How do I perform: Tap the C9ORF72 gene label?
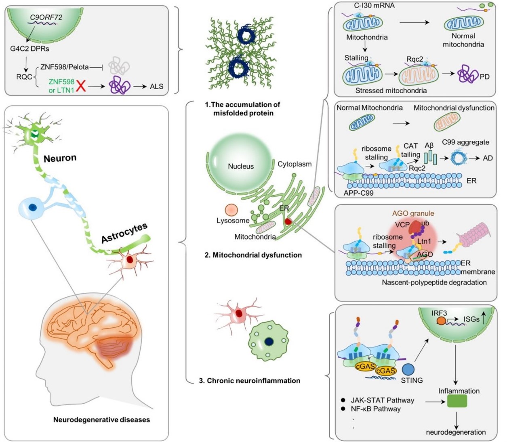pyautogui.click(x=46, y=17)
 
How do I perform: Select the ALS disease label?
pyautogui.click(x=157, y=87)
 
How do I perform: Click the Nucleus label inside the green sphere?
pyautogui.click(x=241, y=166)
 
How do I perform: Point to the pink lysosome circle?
pyautogui.click(x=231, y=210)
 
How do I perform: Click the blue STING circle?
pyautogui.click(x=408, y=370)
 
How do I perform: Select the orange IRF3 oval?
pyautogui.click(x=441, y=321)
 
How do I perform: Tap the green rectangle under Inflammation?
pyautogui.click(x=457, y=401)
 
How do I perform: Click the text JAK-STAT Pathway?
pyautogui.click(x=382, y=400)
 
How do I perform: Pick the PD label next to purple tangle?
pyautogui.click(x=484, y=77)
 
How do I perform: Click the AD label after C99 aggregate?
pyautogui.click(x=488, y=158)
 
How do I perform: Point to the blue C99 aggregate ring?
pyautogui.click(x=459, y=157)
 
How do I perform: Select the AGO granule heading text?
pyautogui.click(x=413, y=213)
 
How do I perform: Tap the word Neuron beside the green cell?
pyautogui.click(x=60, y=158)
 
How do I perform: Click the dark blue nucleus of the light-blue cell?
pyautogui.click(x=33, y=207)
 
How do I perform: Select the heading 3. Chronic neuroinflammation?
pyautogui.click(x=250, y=380)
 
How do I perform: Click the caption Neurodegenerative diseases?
pyautogui.click(x=101, y=419)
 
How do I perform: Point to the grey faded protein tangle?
pyautogui.click(x=119, y=65)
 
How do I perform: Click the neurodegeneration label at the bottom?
pyautogui.click(x=456, y=432)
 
